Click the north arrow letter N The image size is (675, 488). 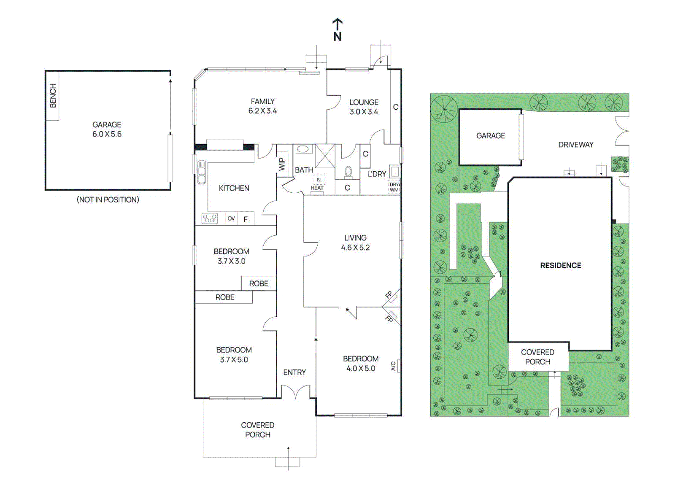pyautogui.click(x=337, y=37)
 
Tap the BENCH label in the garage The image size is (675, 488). pyautogui.click(x=53, y=96)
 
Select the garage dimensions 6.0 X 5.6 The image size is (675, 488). pyautogui.click(x=107, y=134)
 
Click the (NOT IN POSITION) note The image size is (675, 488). pyautogui.click(x=108, y=200)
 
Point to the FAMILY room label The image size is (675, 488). pyautogui.click(x=263, y=101)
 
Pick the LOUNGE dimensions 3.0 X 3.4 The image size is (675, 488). pyautogui.click(x=364, y=112)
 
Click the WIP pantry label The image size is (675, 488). pyautogui.click(x=282, y=164)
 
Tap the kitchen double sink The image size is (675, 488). pyautogui.click(x=201, y=172)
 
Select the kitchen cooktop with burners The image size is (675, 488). pyautogui.click(x=210, y=218)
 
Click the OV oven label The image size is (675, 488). pyautogui.click(x=231, y=218)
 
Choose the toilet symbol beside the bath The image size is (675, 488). pyautogui.click(x=348, y=172)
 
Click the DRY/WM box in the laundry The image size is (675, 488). pyautogui.click(x=394, y=187)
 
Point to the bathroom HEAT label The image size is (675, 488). pyautogui.click(x=317, y=188)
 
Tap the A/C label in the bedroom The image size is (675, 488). pyautogui.click(x=393, y=366)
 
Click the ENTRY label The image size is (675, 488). pyautogui.click(x=294, y=372)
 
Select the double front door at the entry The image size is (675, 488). pyautogui.click(x=296, y=392)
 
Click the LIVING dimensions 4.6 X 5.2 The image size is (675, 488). pyautogui.click(x=355, y=248)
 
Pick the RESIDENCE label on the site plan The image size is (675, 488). pyautogui.click(x=561, y=265)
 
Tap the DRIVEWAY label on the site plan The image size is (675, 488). pyautogui.click(x=576, y=145)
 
